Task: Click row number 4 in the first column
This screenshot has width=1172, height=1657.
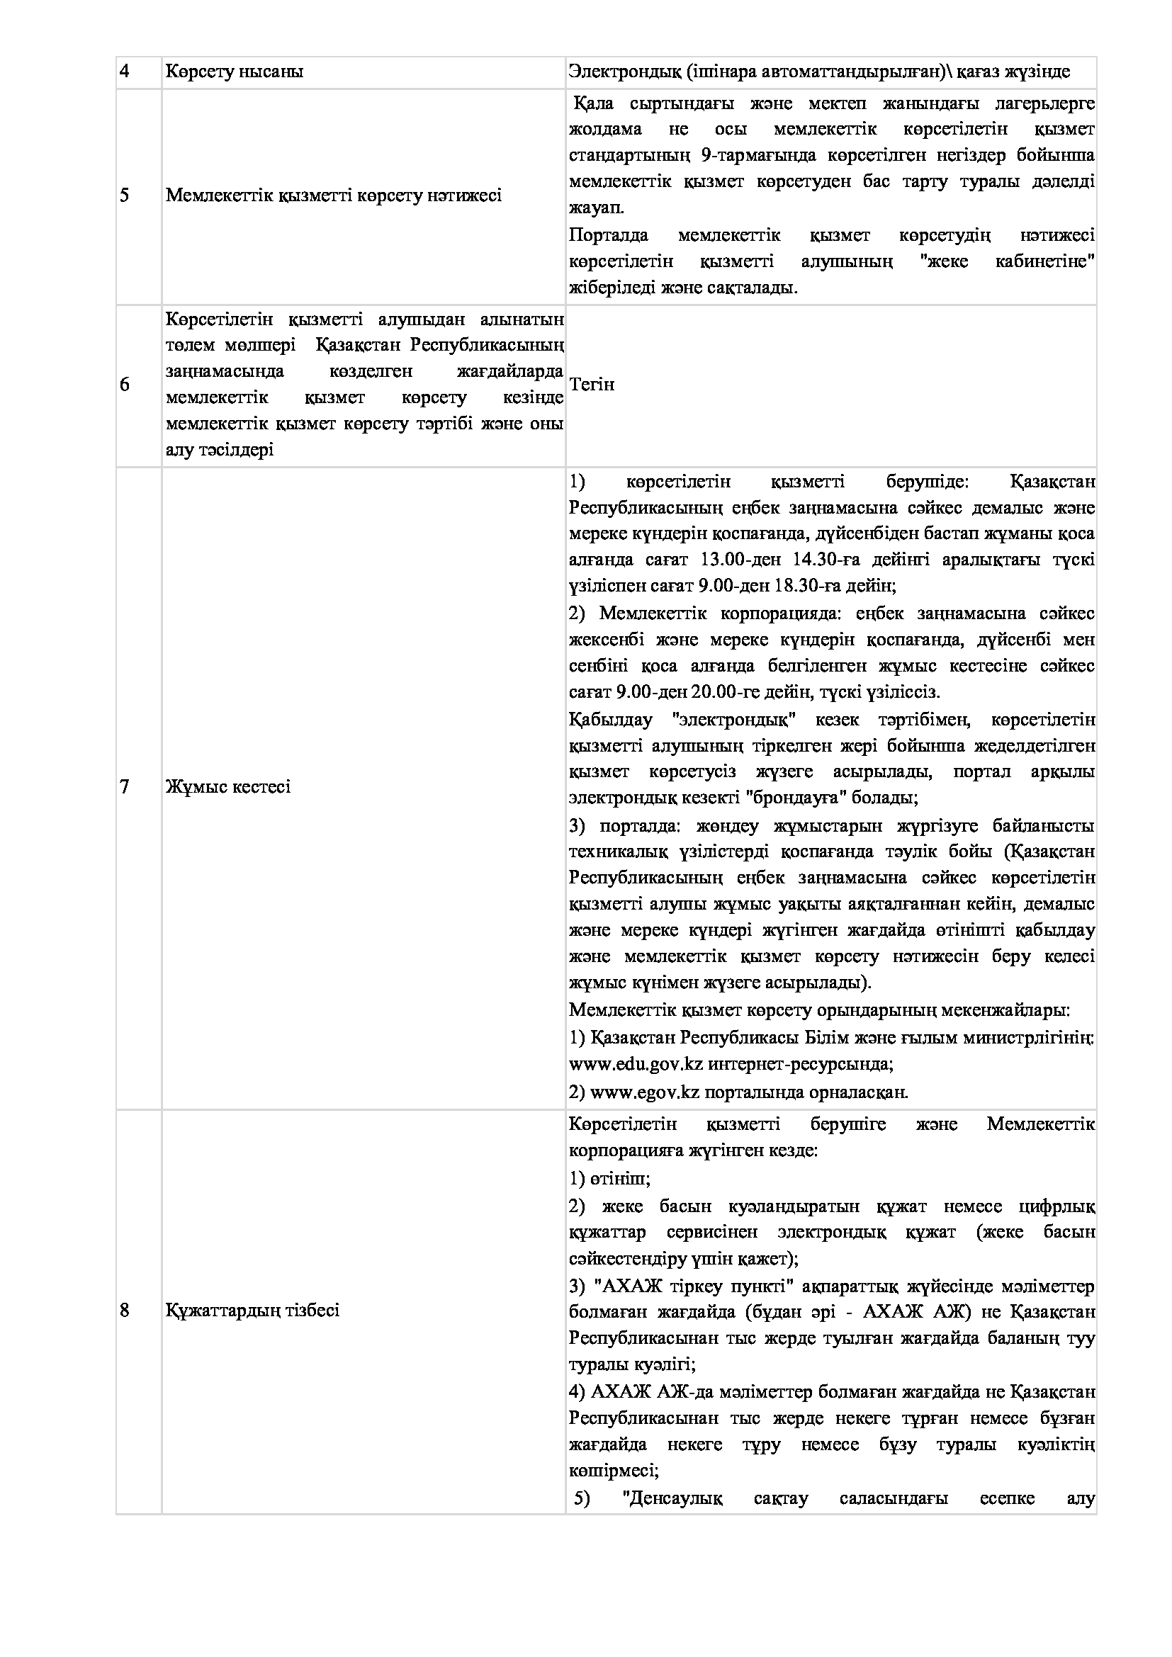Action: point(124,72)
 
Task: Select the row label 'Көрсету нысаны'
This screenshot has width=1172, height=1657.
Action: point(235,72)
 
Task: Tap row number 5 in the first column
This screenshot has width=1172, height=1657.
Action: point(124,196)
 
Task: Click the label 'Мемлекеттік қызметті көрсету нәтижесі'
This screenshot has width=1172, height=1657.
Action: point(334,196)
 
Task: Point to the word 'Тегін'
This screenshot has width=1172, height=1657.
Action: point(592,385)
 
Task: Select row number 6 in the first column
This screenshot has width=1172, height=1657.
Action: point(124,385)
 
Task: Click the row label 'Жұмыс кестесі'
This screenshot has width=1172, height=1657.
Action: point(228,786)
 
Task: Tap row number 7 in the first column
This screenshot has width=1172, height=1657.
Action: point(124,786)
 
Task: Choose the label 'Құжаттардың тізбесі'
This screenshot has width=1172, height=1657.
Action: point(252,1310)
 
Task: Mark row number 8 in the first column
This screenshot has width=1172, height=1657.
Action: point(124,1310)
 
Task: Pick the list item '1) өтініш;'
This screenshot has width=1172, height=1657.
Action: point(610,1180)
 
